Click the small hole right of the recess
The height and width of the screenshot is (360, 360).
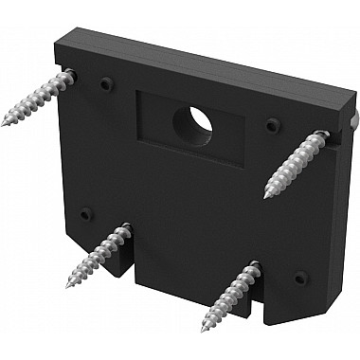point(274,124)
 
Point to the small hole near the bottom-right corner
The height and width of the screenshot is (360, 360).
point(300,278)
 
